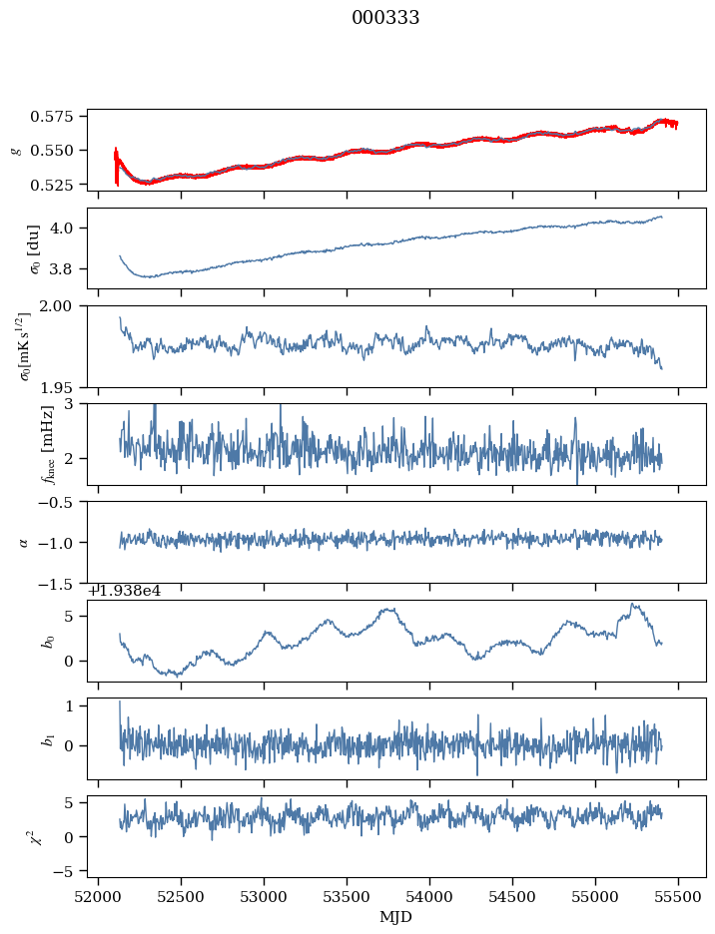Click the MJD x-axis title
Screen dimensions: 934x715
pyautogui.click(x=396, y=916)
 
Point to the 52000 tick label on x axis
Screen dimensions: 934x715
pyautogui.click(x=98, y=897)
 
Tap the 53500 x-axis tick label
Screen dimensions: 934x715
pyautogui.click(x=348, y=897)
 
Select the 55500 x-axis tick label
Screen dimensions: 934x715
pyautogui.click(x=679, y=897)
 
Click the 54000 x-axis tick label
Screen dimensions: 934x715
pyautogui.click(x=430, y=897)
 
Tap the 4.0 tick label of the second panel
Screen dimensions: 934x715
pyautogui.click(x=70, y=228)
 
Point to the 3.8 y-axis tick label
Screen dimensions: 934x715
pyautogui.click(x=70, y=269)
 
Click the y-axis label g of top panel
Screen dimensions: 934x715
pyautogui.click(x=15, y=150)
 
